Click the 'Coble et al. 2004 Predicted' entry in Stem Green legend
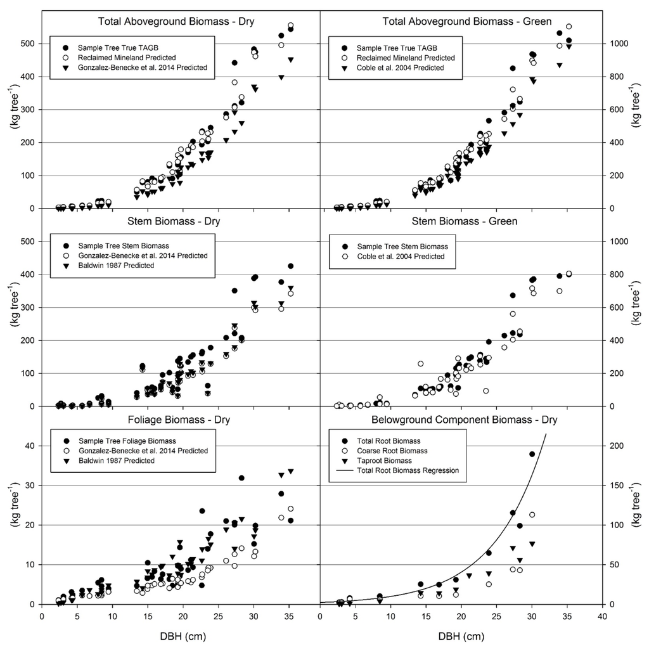click(x=403, y=256)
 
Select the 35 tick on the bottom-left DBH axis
click(x=290, y=615)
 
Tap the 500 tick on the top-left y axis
click(x=27, y=44)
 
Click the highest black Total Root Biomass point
click(x=532, y=454)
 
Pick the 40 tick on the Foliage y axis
click(x=29, y=446)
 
